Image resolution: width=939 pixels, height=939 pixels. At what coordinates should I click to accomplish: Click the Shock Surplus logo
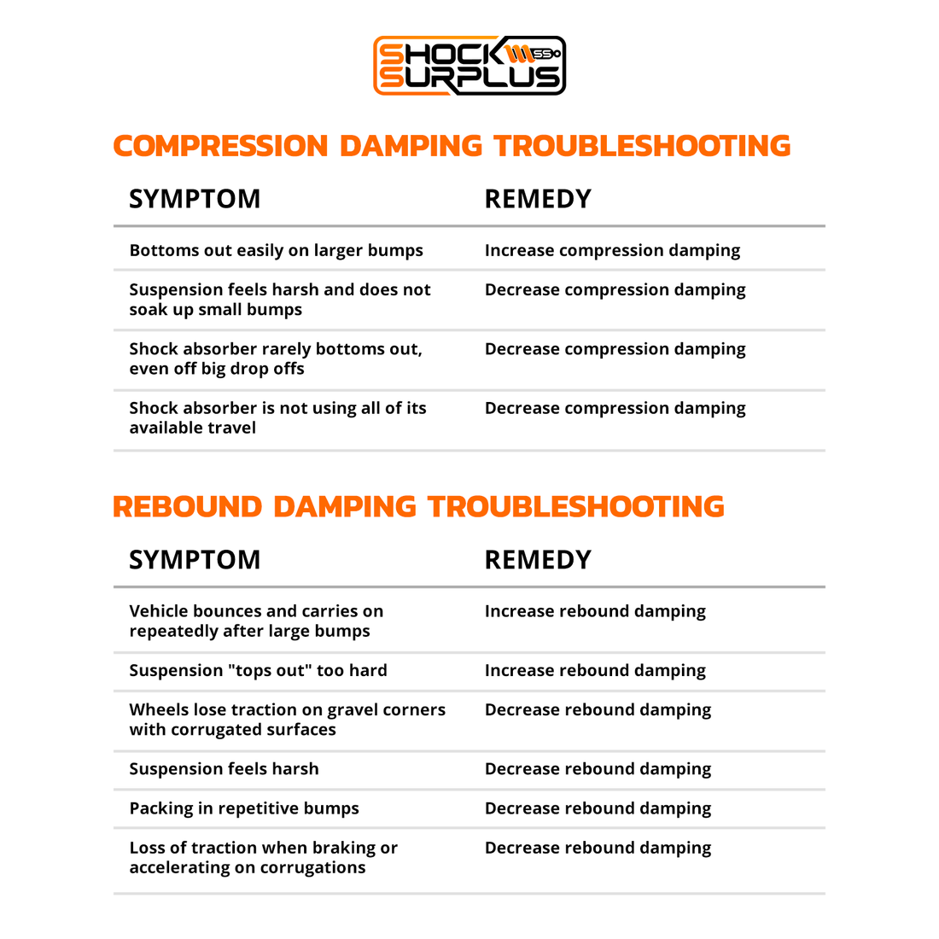tap(469, 66)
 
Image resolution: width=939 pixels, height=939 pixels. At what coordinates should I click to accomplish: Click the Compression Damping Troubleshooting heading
tap(452, 146)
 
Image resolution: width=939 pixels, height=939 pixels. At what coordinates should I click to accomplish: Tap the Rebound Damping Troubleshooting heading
tap(418, 507)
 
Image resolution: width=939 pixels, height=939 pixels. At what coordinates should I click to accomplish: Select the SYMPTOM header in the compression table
tap(195, 199)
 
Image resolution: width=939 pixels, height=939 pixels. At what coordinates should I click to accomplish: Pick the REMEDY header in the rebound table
tap(538, 560)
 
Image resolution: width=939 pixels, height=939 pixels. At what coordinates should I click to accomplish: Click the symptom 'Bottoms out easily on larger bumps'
tap(276, 251)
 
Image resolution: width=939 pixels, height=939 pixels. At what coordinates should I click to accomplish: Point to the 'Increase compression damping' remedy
tap(612, 251)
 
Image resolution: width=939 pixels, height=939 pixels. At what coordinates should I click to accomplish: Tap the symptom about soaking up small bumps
tap(279, 300)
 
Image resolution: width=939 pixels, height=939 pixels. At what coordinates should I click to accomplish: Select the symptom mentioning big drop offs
tap(275, 359)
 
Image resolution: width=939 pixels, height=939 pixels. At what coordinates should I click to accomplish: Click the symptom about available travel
tap(277, 418)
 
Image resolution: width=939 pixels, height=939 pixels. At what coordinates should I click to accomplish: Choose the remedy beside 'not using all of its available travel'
tap(615, 409)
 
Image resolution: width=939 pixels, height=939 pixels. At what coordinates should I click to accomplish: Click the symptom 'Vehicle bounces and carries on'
tap(256, 621)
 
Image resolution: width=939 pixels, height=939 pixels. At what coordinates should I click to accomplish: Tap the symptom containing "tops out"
tap(258, 671)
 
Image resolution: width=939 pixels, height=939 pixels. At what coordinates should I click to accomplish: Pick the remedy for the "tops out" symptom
tap(595, 671)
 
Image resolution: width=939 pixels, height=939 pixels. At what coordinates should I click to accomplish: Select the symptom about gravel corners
tap(287, 720)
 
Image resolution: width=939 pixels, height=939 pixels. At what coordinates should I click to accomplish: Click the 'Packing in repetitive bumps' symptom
tap(244, 808)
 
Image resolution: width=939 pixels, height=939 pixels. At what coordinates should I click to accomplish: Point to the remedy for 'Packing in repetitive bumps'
tap(598, 808)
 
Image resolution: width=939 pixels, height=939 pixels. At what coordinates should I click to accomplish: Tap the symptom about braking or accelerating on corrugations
tap(263, 858)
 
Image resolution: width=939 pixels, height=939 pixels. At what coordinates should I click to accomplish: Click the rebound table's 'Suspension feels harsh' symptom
tap(224, 769)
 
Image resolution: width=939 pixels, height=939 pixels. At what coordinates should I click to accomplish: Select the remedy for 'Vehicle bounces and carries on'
tap(595, 612)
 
